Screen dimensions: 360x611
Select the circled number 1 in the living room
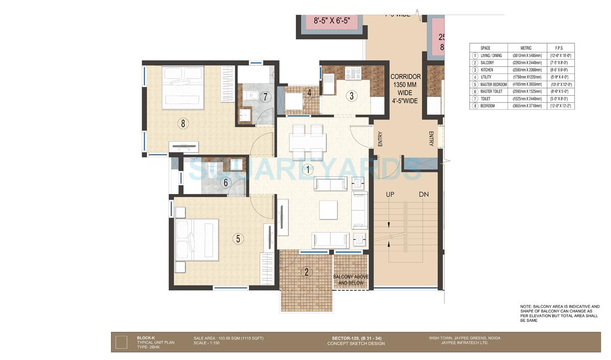pyautogui.click(x=307, y=168)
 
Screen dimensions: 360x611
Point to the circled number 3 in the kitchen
pyautogui.click(x=351, y=95)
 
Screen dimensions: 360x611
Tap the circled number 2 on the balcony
pyautogui.click(x=306, y=271)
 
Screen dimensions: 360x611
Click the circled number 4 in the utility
pyautogui.click(x=310, y=93)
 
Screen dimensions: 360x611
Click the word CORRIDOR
pyautogui.click(x=405, y=77)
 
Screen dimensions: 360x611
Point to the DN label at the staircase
pyautogui.click(x=424, y=195)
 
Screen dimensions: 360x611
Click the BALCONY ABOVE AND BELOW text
pyautogui.click(x=350, y=280)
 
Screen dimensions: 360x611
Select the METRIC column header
pyautogui.click(x=523, y=48)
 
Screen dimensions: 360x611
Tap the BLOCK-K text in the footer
pyautogui.click(x=145, y=338)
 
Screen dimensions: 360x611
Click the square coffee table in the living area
pyautogui.click(x=328, y=209)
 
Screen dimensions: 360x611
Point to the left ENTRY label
pyautogui.click(x=380, y=139)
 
